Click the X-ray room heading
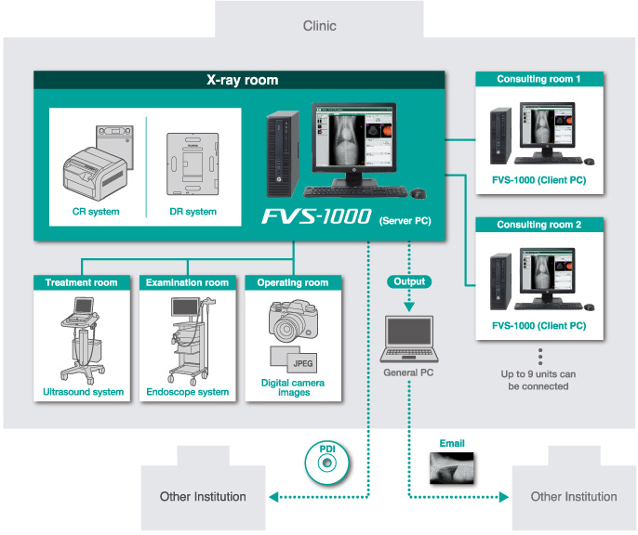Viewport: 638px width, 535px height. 242,80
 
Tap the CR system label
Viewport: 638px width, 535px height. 96,212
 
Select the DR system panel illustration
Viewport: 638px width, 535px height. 193,163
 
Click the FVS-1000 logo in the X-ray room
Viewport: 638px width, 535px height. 316,216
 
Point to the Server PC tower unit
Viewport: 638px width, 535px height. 283,154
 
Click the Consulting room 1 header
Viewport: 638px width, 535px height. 539,79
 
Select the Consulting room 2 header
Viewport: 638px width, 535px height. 539,225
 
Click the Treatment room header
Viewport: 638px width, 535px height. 82,282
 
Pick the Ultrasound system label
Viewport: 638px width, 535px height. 84,392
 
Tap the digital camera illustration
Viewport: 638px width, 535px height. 293,321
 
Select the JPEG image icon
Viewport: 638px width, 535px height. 294,359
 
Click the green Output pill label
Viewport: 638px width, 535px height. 409,281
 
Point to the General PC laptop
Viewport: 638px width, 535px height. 409,339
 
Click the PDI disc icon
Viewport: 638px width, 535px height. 327,463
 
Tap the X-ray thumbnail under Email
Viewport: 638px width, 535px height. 452,468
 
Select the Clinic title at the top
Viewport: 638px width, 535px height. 319,26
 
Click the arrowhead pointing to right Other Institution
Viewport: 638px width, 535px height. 504,497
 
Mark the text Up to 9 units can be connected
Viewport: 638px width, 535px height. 538,380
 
